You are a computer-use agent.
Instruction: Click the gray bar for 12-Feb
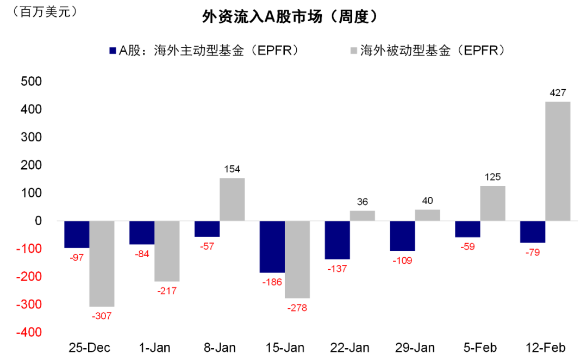(x=558, y=161)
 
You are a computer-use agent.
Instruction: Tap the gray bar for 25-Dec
(x=102, y=264)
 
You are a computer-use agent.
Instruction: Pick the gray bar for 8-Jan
(x=232, y=199)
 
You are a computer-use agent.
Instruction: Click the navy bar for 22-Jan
(x=337, y=240)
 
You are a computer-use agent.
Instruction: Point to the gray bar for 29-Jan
(x=427, y=215)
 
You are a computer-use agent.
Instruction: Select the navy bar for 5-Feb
(x=467, y=229)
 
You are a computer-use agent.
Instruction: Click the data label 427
(x=558, y=93)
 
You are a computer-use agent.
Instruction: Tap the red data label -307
(x=102, y=315)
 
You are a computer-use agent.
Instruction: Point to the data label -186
(x=272, y=282)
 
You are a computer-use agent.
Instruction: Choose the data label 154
(x=232, y=169)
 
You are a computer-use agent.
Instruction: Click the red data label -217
(x=167, y=290)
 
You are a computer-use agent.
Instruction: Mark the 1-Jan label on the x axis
(x=154, y=347)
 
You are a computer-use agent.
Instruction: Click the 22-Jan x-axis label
(x=349, y=347)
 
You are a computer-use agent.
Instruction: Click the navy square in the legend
(x=113, y=51)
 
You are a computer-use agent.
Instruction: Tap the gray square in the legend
(x=353, y=51)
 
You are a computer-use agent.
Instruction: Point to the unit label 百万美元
(x=47, y=10)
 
